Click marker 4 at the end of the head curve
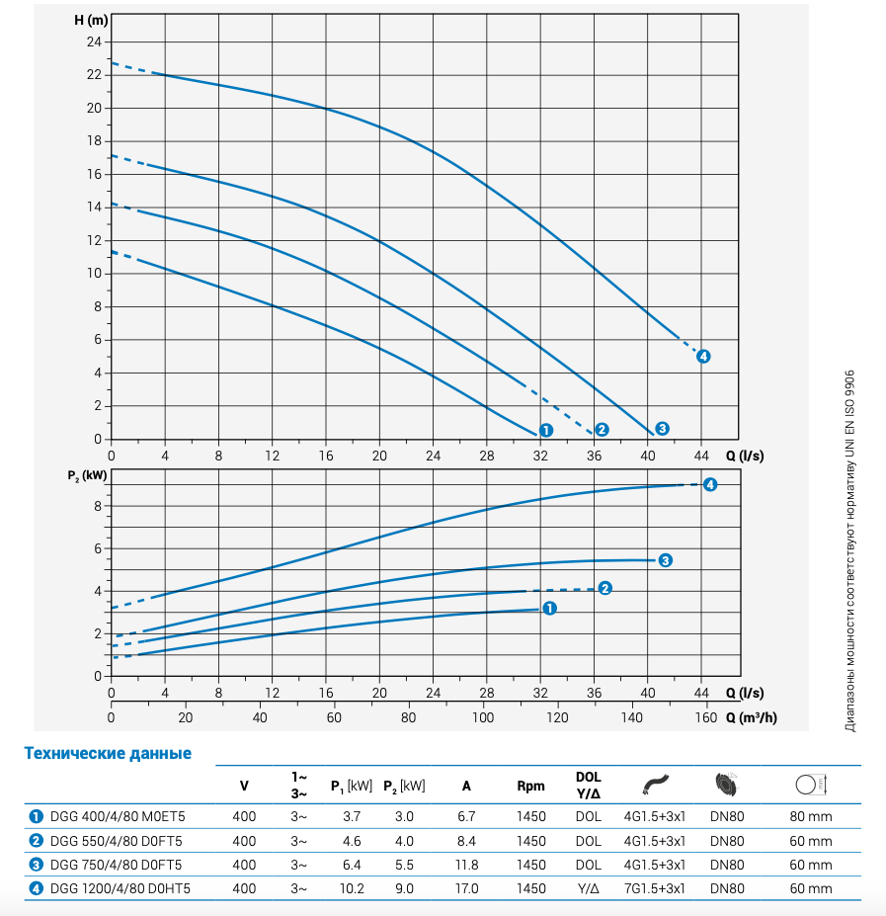point(703,356)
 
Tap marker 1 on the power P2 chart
point(549,609)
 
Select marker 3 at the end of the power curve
point(666,560)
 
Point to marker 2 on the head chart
point(602,429)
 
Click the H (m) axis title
point(90,20)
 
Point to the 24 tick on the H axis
point(94,42)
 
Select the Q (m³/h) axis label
point(750,718)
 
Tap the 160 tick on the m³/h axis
point(705,718)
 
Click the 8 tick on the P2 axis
point(97,506)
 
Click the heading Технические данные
point(108,754)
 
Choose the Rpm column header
point(530,787)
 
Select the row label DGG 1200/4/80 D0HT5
point(120,888)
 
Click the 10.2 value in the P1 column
point(352,888)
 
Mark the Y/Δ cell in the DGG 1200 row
point(588,888)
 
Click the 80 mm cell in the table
point(811,816)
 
